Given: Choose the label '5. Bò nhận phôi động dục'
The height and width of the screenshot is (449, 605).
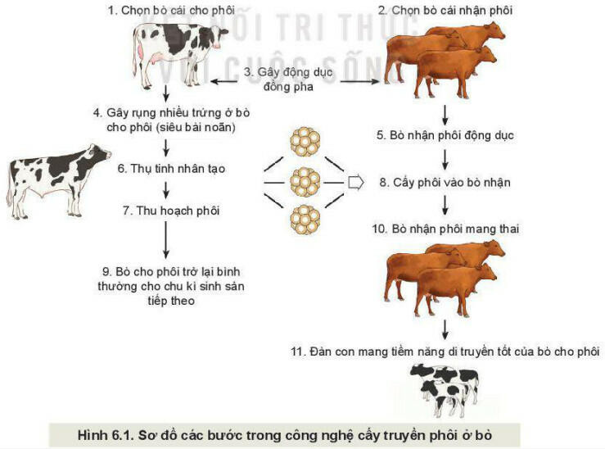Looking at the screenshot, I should click(x=445, y=135).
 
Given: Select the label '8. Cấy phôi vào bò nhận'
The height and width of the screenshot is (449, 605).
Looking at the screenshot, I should click(x=445, y=182).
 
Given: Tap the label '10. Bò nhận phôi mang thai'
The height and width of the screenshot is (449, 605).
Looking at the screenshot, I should click(x=445, y=229).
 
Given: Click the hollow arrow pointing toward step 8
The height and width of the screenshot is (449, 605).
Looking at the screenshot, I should click(x=354, y=181).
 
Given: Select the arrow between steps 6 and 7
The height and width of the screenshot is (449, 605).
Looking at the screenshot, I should click(x=167, y=190).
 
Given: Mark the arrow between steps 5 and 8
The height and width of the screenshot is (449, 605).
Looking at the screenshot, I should click(x=445, y=158).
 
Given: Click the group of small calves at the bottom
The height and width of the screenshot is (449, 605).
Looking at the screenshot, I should click(x=444, y=388).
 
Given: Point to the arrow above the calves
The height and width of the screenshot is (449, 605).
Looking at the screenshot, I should click(x=445, y=329).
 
